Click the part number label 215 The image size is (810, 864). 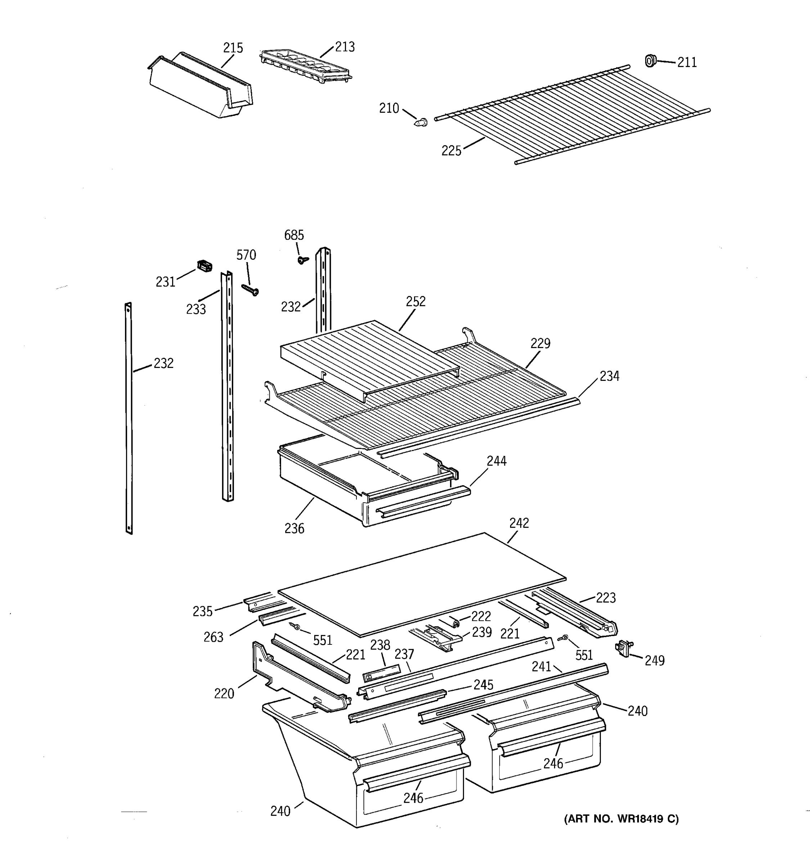[x=233, y=48]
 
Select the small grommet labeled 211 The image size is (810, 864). [x=650, y=61]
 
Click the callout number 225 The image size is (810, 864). [x=451, y=151]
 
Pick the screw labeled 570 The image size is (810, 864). [x=250, y=289]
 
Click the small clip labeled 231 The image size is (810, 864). [x=205, y=266]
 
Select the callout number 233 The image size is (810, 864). [x=196, y=309]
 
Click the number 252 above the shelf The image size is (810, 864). [x=415, y=301]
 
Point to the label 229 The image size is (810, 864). [x=540, y=343]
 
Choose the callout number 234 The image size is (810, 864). [x=609, y=376]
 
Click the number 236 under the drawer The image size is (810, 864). [x=294, y=528]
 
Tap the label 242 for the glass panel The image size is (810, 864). [x=519, y=523]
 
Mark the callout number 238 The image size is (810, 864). [x=380, y=645]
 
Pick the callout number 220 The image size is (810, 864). [x=224, y=694]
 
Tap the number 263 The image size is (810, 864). [x=213, y=637]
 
